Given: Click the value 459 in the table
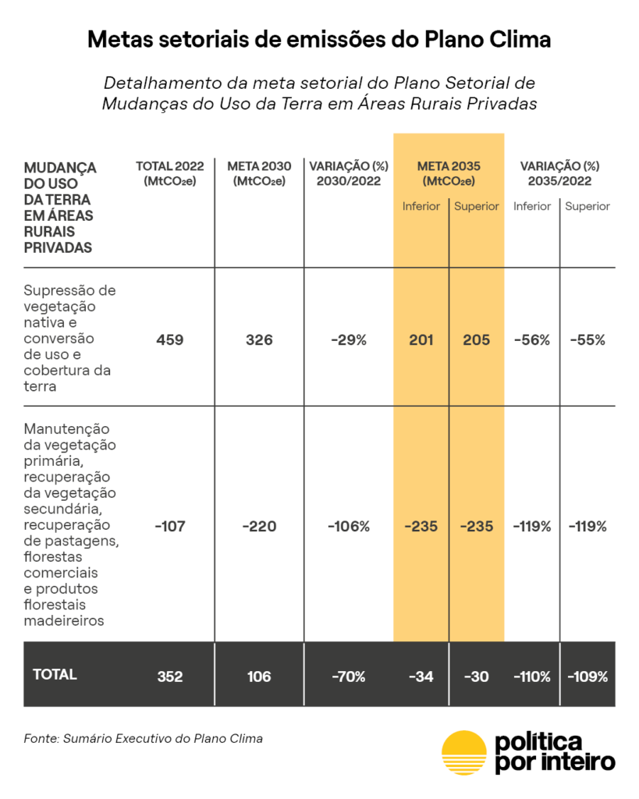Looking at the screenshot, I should click(169, 340).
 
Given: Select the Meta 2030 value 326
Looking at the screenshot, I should click(259, 340).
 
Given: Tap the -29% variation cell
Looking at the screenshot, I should click(349, 340).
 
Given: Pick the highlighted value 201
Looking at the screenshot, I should click(421, 340).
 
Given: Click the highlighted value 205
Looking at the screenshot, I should click(476, 340).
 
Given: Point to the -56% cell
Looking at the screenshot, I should click(532, 340).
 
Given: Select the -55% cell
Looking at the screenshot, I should click(588, 340).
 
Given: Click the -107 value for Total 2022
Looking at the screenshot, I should click(169, 527).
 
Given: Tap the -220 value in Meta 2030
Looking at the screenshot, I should click(259, 527).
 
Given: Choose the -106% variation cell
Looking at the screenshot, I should click(349, 527).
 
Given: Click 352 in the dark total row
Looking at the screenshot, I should click(169, 676).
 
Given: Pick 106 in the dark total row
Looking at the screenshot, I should click(259, 676).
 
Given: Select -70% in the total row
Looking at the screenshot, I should click(349, 676).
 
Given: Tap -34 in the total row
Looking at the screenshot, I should click(421, 676).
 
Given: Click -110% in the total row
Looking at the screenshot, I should click(532, 676).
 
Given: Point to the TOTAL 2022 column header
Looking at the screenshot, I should click(169, 173).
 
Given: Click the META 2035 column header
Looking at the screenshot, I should click(449, 173).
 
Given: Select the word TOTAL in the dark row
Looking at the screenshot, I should click(55, 675).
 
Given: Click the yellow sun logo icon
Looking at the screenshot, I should click(463, 753).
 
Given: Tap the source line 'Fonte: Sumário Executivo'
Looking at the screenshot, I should click(143, 738).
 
